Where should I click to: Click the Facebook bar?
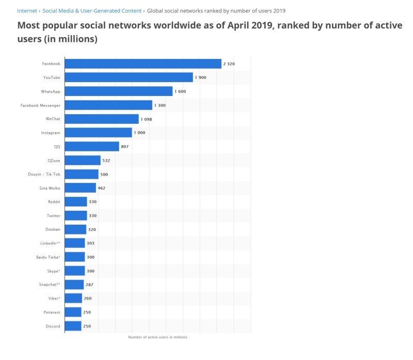pos(142,64)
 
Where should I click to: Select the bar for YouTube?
pos(129,77)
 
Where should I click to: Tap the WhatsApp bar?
pos(118,91)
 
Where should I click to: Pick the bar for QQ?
pos(91,147)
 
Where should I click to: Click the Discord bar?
pos(73,326)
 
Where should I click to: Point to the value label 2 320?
pos(229,64)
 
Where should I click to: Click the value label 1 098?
pos(147,119)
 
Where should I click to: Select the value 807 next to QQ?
pos(124,147)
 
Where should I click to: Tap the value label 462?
pos(101,188)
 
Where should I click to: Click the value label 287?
pos(89,285)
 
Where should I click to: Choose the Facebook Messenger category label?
pos(40,105)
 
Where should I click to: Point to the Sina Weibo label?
pos(50,188)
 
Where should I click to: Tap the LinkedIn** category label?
pos(50,243)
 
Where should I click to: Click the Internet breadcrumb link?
pos(27,11)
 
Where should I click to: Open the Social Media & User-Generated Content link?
pos(91,11)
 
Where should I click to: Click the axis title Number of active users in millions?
pos(157,337)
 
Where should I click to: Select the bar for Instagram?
pos(98,133)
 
